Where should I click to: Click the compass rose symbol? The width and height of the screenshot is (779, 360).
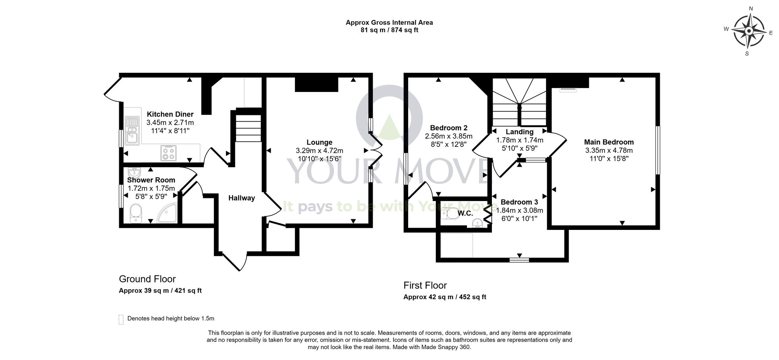(x=749, y=31)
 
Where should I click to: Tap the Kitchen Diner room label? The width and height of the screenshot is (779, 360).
(x=170, y=114)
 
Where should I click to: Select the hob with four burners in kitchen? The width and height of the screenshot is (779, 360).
(x=169, y=152)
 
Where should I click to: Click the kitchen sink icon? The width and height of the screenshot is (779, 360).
(x=132, y=131)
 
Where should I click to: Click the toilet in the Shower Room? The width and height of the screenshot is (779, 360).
(x=135, y=214)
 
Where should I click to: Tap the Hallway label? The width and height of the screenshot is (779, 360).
(x=241, y=198)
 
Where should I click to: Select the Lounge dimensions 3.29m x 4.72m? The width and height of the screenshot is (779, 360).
(x=319, y=151)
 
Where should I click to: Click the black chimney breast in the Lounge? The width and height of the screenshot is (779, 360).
(x=316, y=85)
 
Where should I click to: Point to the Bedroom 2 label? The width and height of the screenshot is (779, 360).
(x=449, y=128)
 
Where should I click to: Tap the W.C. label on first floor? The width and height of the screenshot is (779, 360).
(x=465, y=213)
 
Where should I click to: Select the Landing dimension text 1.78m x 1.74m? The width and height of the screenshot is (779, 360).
(x=520, y=140)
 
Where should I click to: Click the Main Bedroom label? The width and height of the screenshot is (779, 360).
(x=609, y=142)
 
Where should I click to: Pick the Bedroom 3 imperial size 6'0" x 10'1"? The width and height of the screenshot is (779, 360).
(x=519, y=219)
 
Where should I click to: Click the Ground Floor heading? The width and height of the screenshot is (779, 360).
(x=147, y=279)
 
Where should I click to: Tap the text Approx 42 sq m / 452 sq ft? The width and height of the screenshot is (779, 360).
(x=445, y=297)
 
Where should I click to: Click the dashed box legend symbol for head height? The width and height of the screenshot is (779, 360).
(x=121, y=319)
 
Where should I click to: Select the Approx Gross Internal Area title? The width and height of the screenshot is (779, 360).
(x=389, y=23)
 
